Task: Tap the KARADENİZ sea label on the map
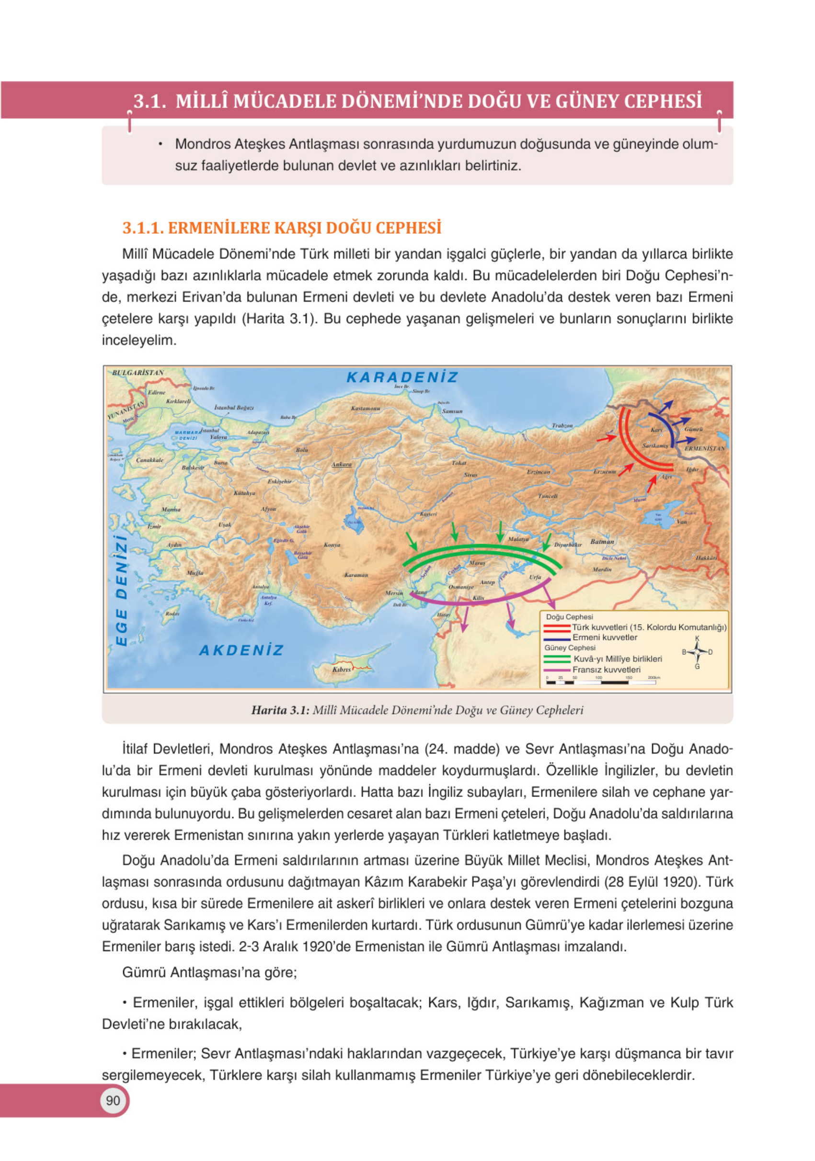tap(402, 377)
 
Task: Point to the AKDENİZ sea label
tap(241, 650)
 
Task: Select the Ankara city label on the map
tap(342, 464)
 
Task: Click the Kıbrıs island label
tap(342, 670)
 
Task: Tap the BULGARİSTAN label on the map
tap(138, 373)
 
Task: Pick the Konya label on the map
tap(332, 545)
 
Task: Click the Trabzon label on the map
tap(562, 425)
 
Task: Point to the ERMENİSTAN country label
tap(704, 448)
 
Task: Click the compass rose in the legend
tap(697, 652)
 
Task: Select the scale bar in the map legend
tap(601, 682)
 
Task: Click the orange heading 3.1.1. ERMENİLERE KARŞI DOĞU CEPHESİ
tap(282, 228)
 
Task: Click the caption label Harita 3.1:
tap(280, 710)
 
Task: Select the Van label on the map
tap(682, 521)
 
